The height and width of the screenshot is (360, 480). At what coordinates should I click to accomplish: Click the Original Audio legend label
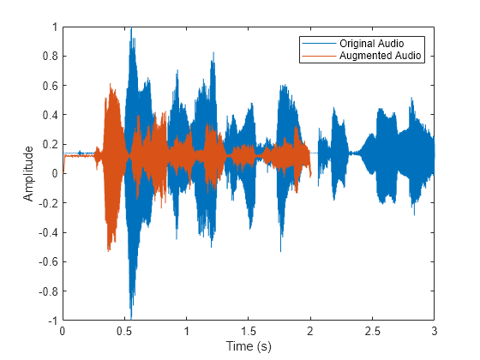(x=371, y=43)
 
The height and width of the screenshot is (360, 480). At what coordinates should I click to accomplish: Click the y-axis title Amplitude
(x=29, y=173)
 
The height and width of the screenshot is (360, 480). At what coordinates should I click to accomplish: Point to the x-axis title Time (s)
(x=249, y=346)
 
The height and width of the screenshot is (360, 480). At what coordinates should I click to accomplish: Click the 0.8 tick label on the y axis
(x=50, y=57)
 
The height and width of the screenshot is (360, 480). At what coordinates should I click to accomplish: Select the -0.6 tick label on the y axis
(x=48, y=261)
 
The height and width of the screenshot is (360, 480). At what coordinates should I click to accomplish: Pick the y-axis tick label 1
(x=54, y=27)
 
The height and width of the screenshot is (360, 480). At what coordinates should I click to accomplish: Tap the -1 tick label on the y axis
(x=51, y=320)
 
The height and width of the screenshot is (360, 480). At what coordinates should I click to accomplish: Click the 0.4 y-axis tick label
(x=50, y=115)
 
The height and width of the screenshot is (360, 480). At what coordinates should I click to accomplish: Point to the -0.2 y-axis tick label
(x=48, y=203)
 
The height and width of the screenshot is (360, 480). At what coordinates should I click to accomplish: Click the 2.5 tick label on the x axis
(x=373, y=331)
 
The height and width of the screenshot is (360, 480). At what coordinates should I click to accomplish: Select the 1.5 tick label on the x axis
(x=249, y=331)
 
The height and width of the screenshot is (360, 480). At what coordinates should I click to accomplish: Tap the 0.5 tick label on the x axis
(x=124, y=331)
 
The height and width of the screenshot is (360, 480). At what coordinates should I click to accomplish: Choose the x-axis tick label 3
(x=435, y=331)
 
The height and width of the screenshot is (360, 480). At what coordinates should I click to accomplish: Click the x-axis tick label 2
(x=310, y=331)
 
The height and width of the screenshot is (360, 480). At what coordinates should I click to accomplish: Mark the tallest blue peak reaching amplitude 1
(x=131, y=28)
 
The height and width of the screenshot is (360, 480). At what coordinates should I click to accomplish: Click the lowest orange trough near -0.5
(x=109, y=249)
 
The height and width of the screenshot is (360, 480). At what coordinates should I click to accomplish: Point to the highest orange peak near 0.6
(x=111, y=86)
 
